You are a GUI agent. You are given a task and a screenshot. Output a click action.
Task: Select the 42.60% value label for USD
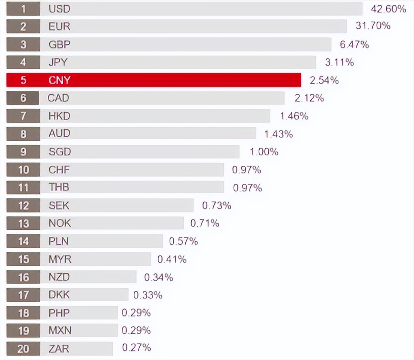[x=388, y=9]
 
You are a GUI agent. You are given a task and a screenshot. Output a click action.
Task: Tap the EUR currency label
[x=59, y=27]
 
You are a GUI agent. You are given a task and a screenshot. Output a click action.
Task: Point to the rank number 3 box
[x=23, y=44]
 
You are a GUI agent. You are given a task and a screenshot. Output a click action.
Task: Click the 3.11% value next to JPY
[x=339, y=62]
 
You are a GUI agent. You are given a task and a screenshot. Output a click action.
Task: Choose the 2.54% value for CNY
[x=324, y=80]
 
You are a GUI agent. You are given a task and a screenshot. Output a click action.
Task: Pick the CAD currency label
[x=58, y=98]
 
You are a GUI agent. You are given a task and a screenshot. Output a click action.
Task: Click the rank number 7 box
[x=23, y=116]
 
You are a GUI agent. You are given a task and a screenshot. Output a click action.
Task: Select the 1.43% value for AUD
[x=278, y=134]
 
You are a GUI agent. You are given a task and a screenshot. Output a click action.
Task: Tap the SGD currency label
[x=59, y=152]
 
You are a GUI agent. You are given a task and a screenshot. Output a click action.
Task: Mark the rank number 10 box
[x=23, y=170]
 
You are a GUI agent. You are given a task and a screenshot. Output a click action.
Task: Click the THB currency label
[x=59, y=187]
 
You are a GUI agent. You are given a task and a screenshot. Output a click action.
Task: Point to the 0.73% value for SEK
[x=217, y=205]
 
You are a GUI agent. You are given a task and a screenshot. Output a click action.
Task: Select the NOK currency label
[x=59, y=223]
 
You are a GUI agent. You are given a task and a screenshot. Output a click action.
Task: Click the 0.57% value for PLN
[x=183, y=241]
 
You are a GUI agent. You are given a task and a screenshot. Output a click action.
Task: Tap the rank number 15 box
[x=23, y=259]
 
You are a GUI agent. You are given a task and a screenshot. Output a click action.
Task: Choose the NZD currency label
[x=59, y=277]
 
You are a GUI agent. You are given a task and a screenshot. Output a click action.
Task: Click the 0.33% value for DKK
[x=148, y=295]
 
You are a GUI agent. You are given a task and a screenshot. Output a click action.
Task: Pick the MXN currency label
[x=60, y=330]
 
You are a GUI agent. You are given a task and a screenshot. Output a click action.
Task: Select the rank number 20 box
[x=23, y=349]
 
